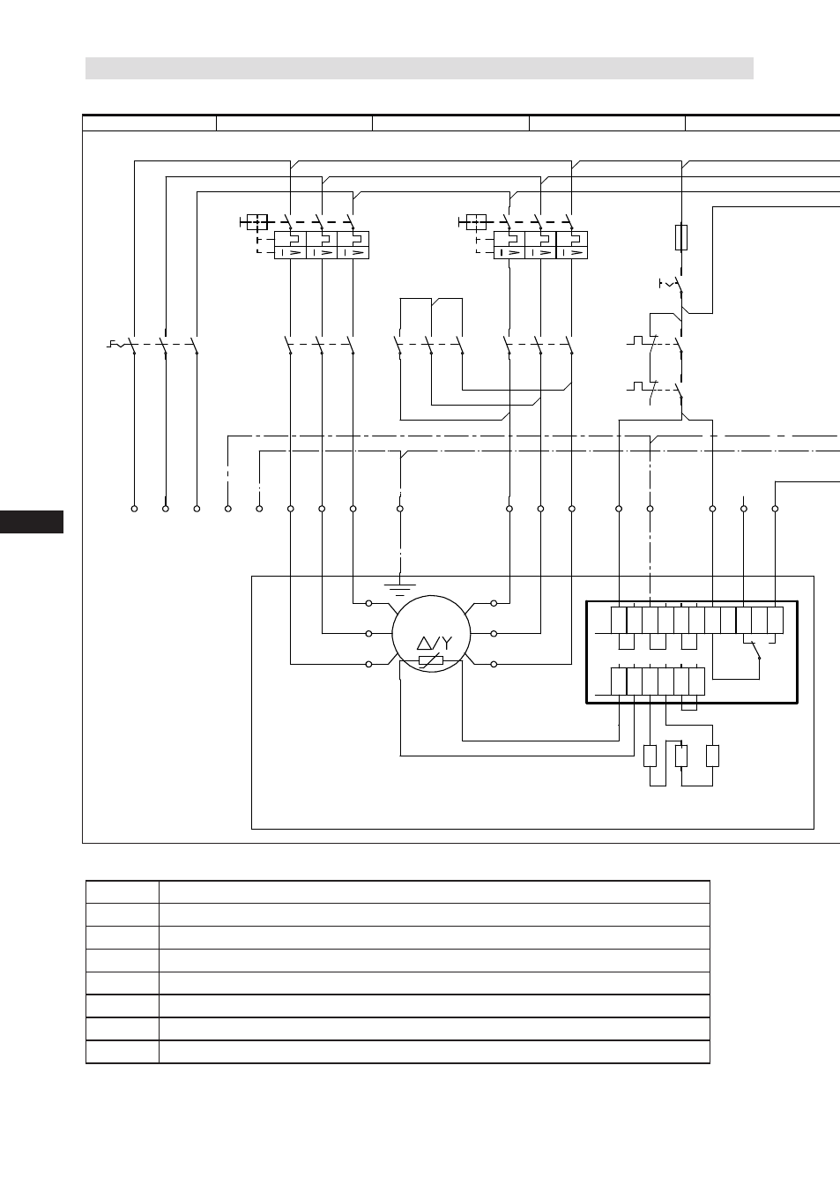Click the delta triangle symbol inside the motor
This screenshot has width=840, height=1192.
[x=424, y=644]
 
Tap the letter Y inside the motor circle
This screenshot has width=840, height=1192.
[x=447, y=644]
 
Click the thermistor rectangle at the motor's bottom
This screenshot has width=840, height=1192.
[x=431, y=660]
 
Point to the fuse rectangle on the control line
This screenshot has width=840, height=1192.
[x=681, y=237]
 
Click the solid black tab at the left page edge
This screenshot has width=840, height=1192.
[x=32, y=522]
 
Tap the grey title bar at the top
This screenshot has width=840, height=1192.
[x=420, y=68]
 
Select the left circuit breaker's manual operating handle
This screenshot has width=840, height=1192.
[x=254, y=222]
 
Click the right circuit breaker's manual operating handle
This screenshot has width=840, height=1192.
[x=473, y=222]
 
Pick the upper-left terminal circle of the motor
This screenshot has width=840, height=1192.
[x=368, y=603]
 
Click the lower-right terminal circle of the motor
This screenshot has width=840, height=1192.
[x=494, y=664]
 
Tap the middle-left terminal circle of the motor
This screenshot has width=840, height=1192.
[x=368, y=634]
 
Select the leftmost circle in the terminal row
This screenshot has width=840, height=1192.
[x=134, y=509]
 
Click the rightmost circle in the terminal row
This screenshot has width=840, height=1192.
[x=775, y=509]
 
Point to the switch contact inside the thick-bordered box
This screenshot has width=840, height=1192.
[x=755, y=651]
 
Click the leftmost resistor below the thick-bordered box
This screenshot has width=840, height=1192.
[x=650, y=756]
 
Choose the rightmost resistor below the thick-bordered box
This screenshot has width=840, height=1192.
[x=712, y=756]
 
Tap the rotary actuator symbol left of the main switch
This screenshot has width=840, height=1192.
[x=117, y=345]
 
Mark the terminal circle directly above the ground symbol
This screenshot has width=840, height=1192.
[x=400, y=509]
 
